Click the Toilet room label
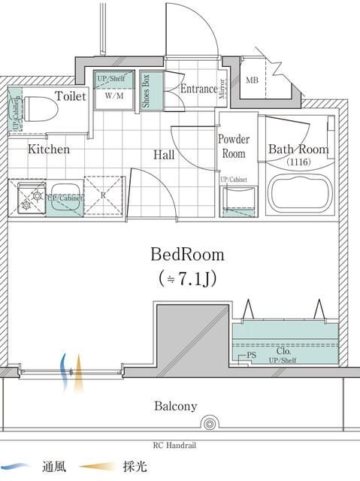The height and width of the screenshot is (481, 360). click(x=70, y=96)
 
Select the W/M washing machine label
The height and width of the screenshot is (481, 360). click(x=114, y=96)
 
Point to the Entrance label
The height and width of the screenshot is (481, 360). click(x=198, y=89)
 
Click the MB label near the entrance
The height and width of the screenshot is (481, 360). click(x=253, y=80)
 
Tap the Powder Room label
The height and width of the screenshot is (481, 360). click(x=232, y=146)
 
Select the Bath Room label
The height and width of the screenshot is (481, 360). click(x=298, y=150)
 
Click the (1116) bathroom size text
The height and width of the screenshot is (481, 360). click(x=298, y=162)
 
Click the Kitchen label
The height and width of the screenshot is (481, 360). click(x=49, y=150)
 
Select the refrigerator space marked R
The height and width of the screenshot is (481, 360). click(x=103, y=195)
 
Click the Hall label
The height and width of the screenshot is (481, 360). click(x=164, y=155)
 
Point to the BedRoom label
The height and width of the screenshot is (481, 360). click(x=187, y=254)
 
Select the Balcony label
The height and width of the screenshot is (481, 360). click(x=175, y=407)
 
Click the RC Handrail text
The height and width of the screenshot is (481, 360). click(x=174, y=445)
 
